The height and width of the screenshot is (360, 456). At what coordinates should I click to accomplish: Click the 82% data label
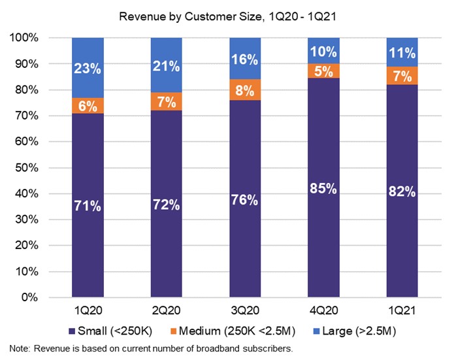tap(402, 193)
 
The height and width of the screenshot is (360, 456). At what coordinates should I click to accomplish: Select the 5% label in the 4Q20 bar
tap(323, 71)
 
